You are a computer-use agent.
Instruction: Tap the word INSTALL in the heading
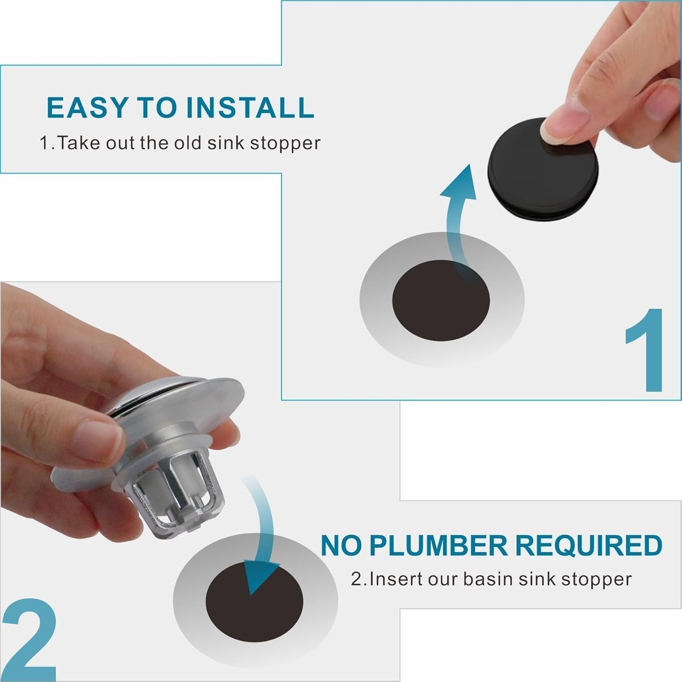250,108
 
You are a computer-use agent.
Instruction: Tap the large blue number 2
29,639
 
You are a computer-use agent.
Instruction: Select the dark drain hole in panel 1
441,301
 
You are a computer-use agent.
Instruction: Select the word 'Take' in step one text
79,143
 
